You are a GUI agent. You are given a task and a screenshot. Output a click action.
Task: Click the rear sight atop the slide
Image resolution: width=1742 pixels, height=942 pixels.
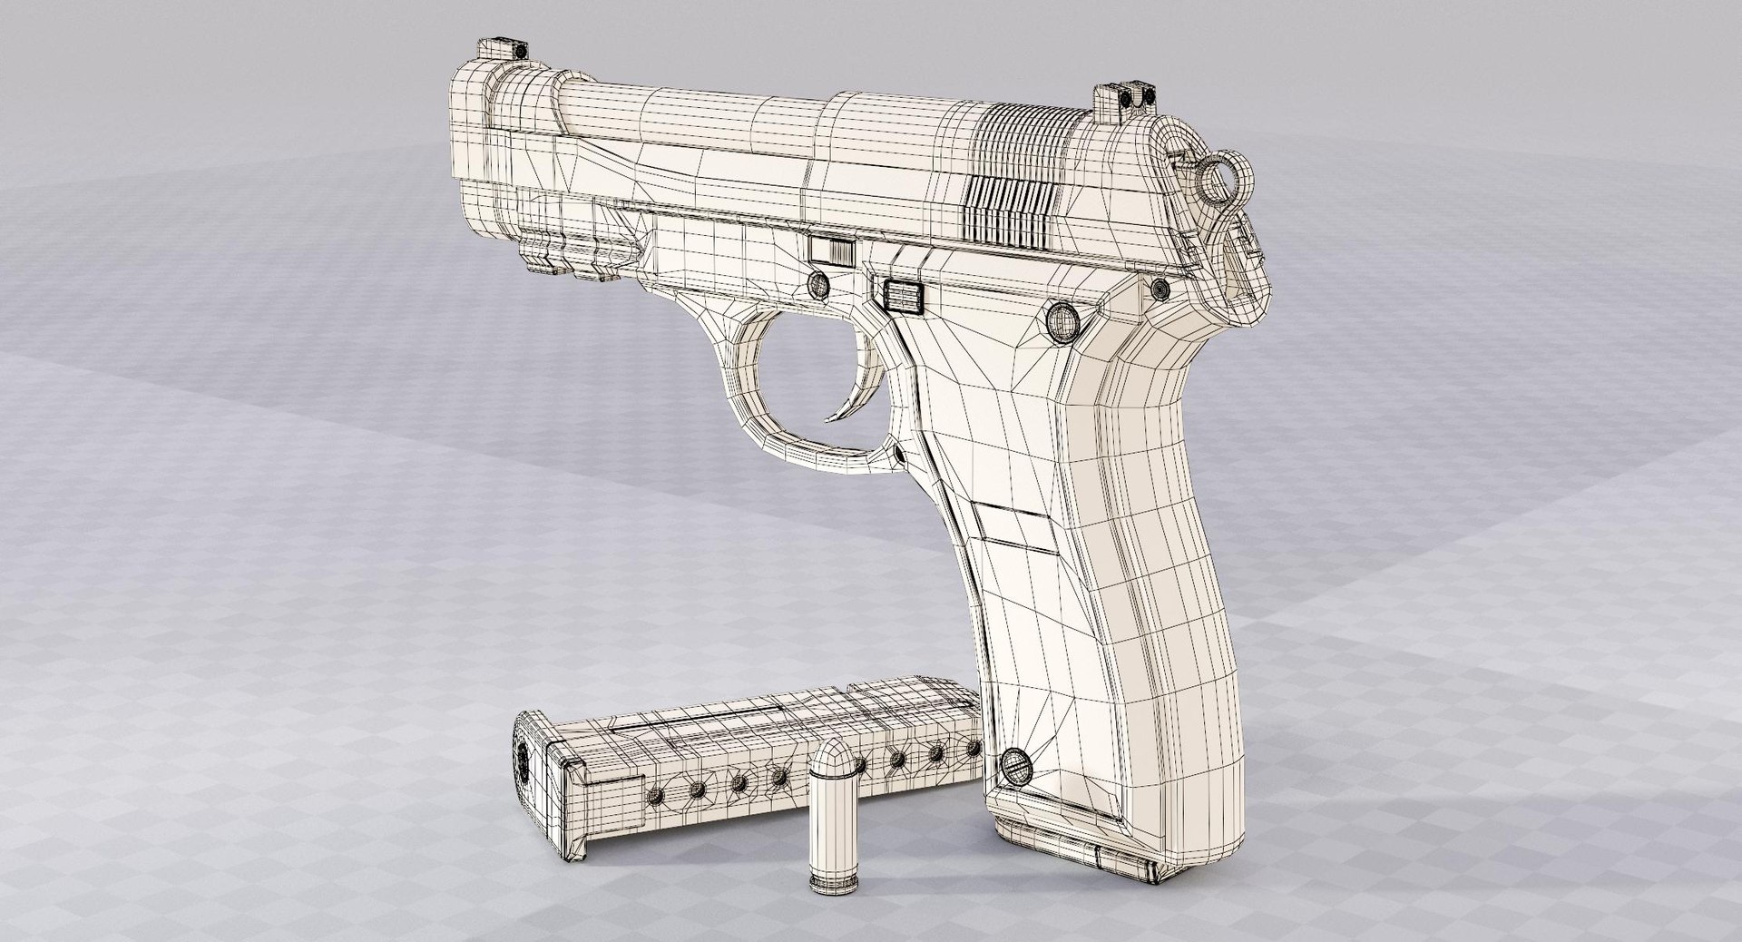(x=1124, y=93)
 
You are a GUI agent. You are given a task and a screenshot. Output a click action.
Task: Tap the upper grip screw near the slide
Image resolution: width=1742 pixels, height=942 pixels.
(x=1062, y=319)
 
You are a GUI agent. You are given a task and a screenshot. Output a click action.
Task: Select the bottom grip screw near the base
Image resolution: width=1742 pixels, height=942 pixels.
(x=1016, y=766)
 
